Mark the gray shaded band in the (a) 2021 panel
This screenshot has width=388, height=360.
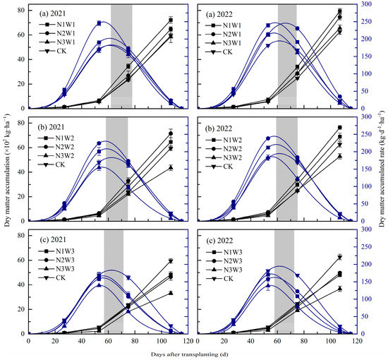point(121,56)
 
